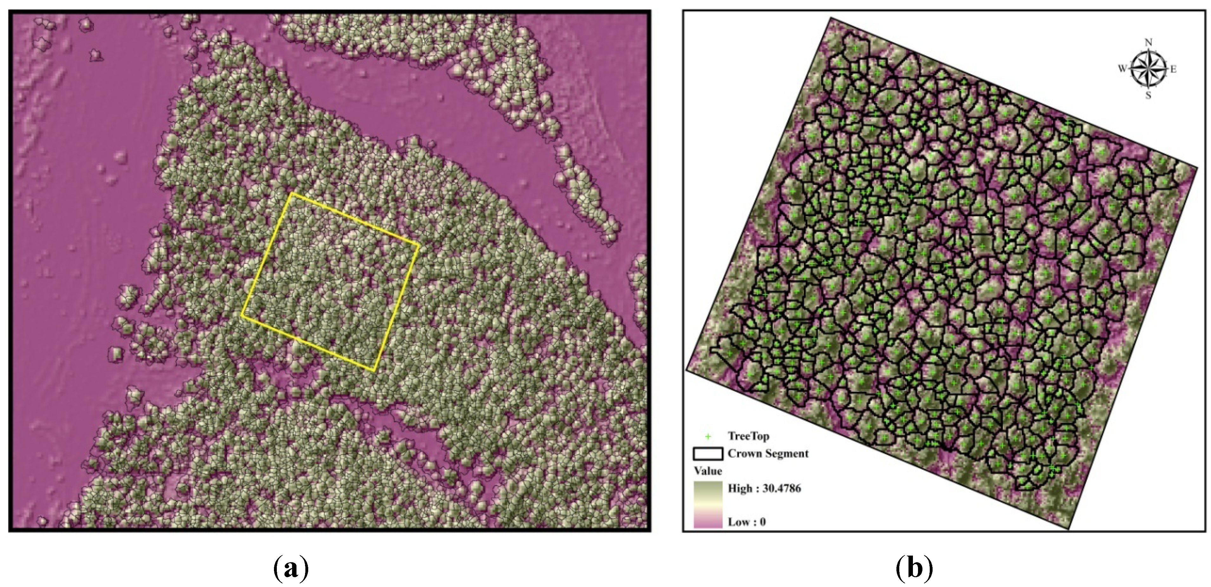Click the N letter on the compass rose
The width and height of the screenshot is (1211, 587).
[x=1149, y=42]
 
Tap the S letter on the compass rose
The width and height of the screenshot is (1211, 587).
[x=1149, y=96]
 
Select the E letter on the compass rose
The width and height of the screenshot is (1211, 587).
[x=1173, y=69]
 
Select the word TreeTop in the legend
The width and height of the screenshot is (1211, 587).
[x=748, y=436]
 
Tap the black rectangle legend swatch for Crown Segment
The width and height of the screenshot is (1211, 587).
[x=707, y=454]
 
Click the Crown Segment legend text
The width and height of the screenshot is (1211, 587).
[x=768, y=453]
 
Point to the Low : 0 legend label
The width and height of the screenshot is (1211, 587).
[x=746, y=522]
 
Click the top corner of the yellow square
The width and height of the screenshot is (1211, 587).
[x=292, y=193]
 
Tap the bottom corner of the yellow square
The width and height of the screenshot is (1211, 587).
[x=374, y=371]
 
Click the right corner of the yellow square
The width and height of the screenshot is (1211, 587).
[x=418, y=244]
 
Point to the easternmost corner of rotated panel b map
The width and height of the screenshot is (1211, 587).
[x=1197, y=167]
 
